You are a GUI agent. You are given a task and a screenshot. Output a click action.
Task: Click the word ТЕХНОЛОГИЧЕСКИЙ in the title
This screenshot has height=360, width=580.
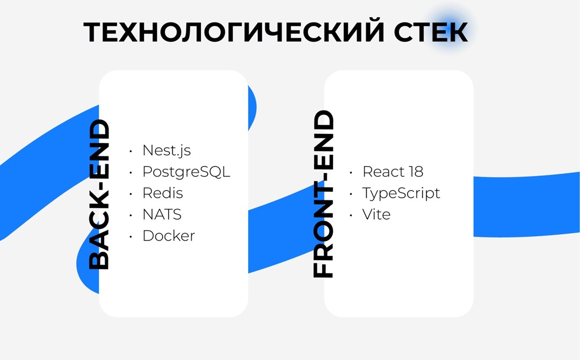(234, 33)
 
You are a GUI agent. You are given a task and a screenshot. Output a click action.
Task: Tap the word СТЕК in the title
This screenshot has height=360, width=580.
(431, 33)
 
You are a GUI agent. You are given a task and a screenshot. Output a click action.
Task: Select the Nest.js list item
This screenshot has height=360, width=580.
(166, 150)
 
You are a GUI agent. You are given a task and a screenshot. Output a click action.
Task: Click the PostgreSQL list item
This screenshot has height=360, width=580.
(186, 172)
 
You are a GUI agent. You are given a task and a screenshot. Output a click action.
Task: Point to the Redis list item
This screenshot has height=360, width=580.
(162, 193)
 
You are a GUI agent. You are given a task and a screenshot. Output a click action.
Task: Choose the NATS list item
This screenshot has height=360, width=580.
(162, 214)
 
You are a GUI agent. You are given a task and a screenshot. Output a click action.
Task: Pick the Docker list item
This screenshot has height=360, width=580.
(169, 235)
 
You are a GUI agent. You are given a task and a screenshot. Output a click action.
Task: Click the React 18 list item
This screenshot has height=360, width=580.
(393, 172)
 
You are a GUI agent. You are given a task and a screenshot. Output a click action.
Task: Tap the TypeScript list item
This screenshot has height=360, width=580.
(401, 193)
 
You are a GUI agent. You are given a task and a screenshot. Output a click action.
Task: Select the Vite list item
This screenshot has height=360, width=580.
(376, 214)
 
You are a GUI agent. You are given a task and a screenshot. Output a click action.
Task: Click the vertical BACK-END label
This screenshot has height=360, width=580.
(99, 195)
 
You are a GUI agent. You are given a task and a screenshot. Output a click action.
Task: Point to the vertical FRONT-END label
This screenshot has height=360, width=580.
(324, 195)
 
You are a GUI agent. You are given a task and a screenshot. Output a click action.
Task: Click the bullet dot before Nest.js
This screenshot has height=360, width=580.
(130, 151)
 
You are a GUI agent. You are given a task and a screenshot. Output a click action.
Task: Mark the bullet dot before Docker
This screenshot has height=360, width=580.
(130, 236)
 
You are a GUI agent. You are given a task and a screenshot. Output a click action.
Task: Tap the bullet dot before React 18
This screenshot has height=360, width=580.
(351, 172)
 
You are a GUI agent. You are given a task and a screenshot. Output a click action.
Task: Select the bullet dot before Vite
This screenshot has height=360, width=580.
(351, 215)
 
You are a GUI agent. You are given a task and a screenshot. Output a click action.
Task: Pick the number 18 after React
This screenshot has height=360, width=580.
(415, 172)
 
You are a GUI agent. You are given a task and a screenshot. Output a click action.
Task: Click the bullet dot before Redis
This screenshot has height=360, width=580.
(130, 193)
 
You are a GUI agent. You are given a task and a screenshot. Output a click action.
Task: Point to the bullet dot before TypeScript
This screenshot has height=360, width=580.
(351, 193)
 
